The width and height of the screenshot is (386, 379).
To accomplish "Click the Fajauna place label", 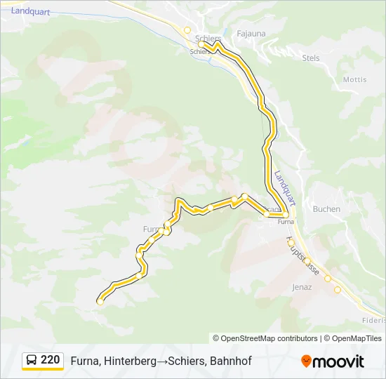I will pos(250,33).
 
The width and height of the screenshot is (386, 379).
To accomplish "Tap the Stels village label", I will pos(310,58).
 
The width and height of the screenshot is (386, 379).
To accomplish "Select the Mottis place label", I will pos(354,79).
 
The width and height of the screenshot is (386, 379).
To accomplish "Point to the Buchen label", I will pos(326,209).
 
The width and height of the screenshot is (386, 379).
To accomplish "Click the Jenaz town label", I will pos(302,287).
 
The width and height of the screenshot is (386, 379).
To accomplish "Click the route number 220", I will pos(50,360).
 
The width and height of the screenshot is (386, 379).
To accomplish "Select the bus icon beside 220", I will pos(32,360).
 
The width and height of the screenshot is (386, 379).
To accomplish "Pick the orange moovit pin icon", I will pos(306,361).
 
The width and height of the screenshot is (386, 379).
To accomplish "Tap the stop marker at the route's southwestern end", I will pos(100,302).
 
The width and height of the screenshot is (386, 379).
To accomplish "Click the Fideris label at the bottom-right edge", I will pos(373,320).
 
